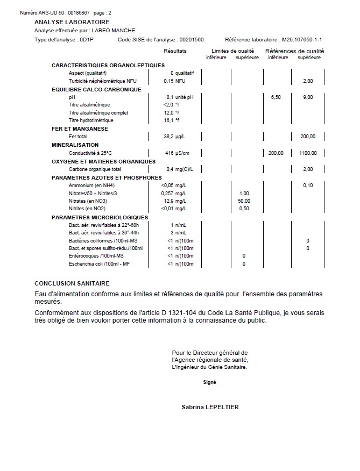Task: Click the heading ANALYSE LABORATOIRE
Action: tap(72, 22)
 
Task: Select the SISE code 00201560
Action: tap(191, 40)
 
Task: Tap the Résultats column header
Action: tap(175, 51)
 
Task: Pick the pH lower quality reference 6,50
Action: tap(275, 97)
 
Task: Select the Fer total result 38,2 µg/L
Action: tap(175, 137)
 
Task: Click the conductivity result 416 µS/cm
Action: tap(177, 153)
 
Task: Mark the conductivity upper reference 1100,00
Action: tap(308, 153)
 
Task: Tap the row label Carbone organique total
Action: tap(95, 169)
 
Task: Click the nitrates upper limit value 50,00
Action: tap(244, 201)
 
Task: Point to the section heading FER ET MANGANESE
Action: tap(80, 129)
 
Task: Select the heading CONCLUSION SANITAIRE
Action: tap(72, 283)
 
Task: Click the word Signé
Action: tap(209, 382)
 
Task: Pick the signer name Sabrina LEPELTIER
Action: tap(210, 407)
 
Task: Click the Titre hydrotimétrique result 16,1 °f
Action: tap(171, 120)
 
